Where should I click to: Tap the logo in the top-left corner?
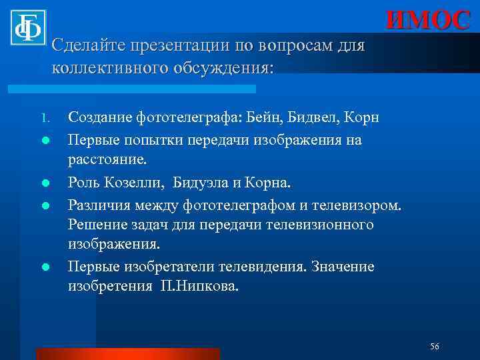(x=27, y=27)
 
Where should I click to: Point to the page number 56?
(x=435, y=346)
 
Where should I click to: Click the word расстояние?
(x=109, y=161)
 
